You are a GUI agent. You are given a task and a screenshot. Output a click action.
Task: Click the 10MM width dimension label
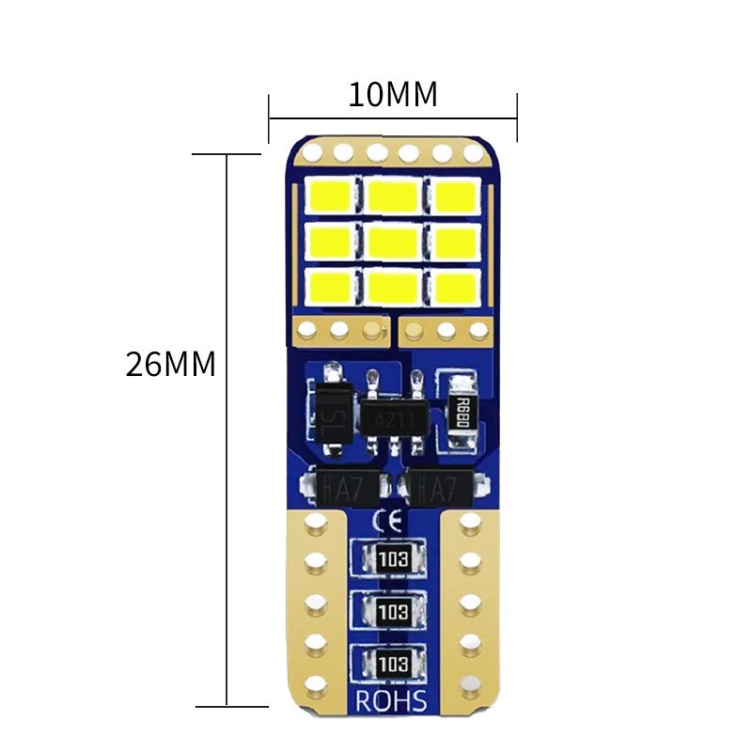point(393,95)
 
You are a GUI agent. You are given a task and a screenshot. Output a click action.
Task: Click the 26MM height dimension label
point(171,365)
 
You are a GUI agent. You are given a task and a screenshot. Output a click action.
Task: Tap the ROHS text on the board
point(392,701)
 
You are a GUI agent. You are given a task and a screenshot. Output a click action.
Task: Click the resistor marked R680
point(462,408)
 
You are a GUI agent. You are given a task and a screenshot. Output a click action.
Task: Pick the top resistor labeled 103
point(393,559)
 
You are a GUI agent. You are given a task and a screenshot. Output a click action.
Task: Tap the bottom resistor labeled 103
point(393,663)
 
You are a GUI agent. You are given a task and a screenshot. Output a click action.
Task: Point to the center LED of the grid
point(393,242)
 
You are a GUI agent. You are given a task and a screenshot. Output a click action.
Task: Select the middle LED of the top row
point(393,196)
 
